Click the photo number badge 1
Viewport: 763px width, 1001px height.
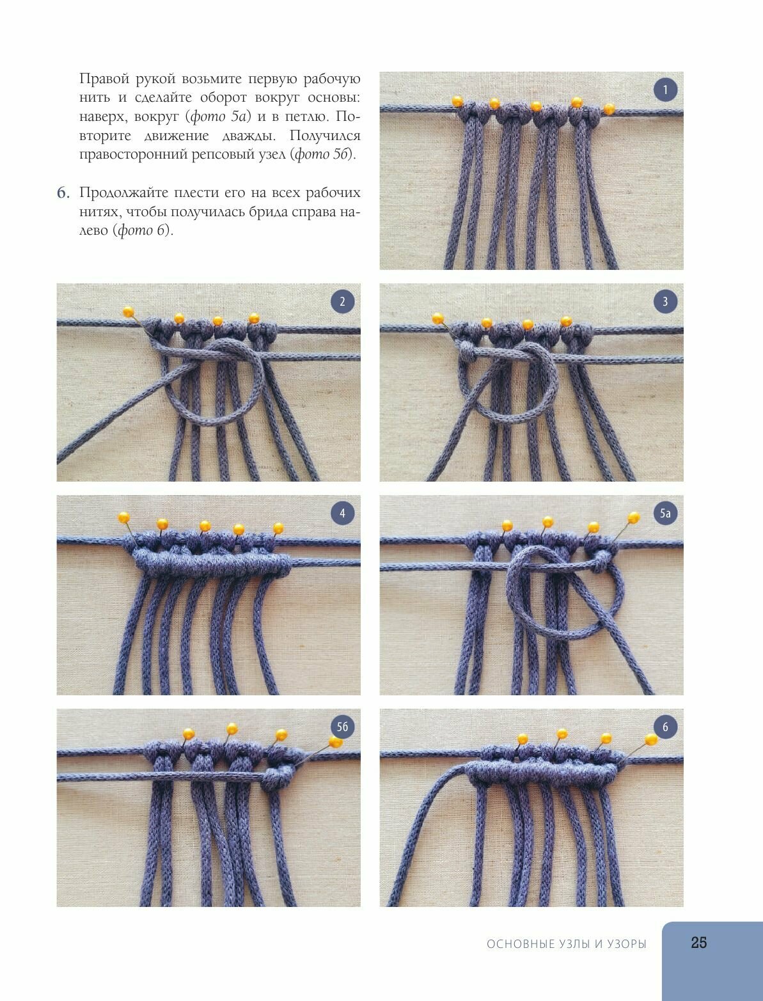tap(665, 90)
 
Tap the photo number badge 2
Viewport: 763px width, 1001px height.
tap(342, 301)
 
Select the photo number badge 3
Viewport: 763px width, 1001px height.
tap(665, 301)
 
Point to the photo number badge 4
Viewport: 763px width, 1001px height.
tap(342, 513)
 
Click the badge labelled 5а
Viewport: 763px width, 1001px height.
tap(665, 513)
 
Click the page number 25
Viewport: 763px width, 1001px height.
tap(699, 943)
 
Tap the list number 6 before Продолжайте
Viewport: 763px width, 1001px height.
tap(63, 193)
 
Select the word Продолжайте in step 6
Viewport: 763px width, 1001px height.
tap(123, 194)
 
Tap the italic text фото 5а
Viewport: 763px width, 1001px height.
tap(218, 117)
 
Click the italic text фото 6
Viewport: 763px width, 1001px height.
tap(143, 230)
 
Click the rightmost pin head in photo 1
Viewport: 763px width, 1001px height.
tap(609, 109)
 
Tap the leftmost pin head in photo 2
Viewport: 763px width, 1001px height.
tap(129, 312)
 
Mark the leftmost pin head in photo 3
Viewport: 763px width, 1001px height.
tap(438, 318)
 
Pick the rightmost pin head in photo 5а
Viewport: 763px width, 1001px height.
tap(634, 517)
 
